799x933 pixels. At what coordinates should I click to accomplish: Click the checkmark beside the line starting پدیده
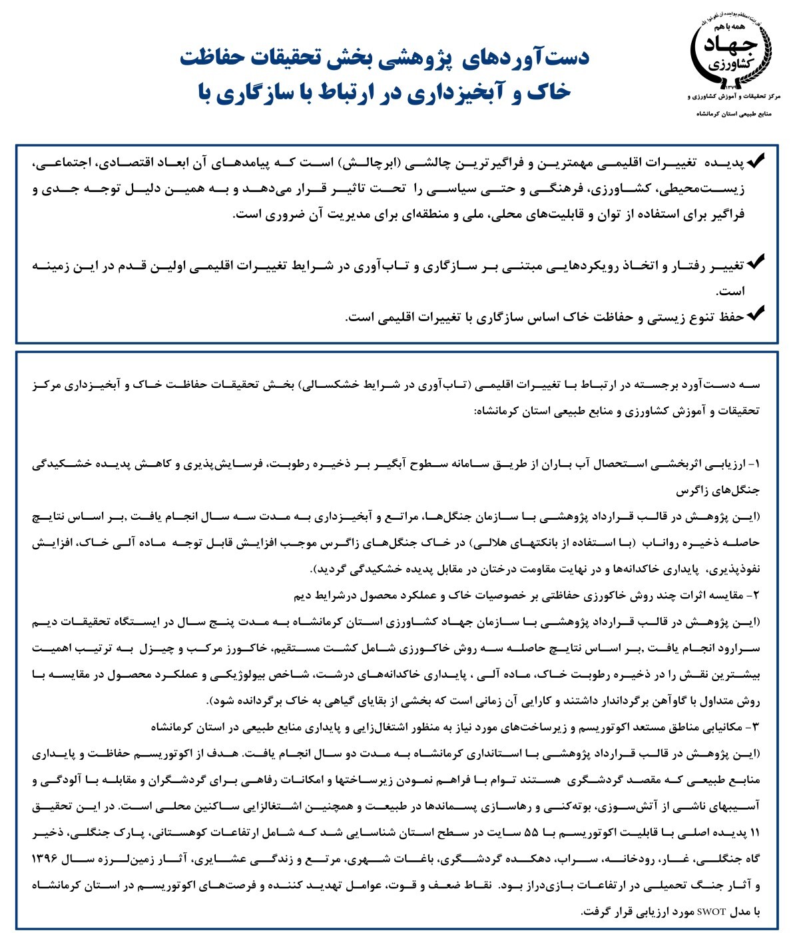(x=755, y=162)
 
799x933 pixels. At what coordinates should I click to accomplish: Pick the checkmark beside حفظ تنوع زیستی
(x=755, y=314)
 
